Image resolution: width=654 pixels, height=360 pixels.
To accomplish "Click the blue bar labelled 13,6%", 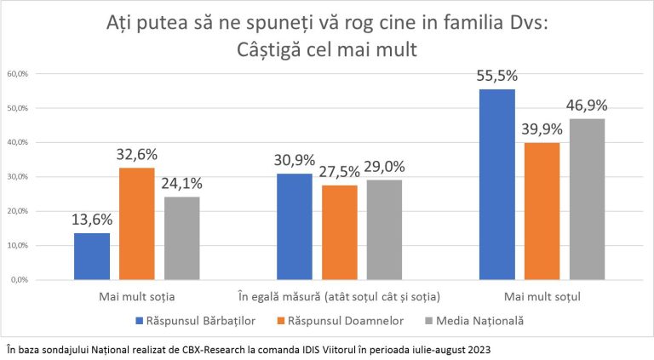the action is pos(92,256).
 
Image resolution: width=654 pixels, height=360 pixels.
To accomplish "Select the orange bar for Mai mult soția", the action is pos(137,224).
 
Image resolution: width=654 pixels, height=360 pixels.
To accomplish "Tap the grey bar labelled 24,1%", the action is pos(182,238).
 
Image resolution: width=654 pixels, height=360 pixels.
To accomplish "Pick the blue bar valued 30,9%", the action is pos(295,226).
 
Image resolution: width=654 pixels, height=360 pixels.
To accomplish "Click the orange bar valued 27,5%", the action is pos(340,232).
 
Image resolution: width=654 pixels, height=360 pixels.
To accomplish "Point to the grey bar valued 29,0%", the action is pos(385,230).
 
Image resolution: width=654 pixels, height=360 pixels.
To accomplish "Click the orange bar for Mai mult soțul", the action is pos(542,211).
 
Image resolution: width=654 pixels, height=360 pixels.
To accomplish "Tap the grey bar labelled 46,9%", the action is pos(588,199).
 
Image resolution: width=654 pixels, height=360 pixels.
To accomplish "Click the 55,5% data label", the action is pos(497,76).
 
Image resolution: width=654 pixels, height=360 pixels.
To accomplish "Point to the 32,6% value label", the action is pos(137,155).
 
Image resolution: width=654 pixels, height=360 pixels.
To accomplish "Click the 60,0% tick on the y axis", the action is pos(18,74).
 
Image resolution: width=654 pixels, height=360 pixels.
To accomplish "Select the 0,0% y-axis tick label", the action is pos(20,280).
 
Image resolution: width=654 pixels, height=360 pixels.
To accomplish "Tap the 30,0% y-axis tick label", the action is pos(18,177).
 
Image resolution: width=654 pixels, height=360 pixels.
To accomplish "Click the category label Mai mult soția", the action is pos(137,297).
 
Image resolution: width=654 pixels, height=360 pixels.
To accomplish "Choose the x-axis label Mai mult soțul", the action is pos(542,297).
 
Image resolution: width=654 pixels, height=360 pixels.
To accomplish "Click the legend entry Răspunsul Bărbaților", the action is pos(196,321).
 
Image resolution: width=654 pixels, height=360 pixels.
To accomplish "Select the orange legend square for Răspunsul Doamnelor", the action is pos(281,321).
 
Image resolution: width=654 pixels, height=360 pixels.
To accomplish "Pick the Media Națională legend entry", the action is pos(474,321).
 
